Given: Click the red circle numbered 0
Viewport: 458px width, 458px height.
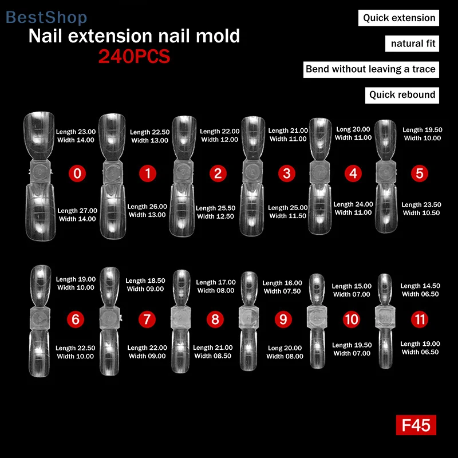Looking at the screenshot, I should click(x=78, y=172).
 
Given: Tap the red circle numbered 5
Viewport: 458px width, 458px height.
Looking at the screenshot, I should click(x=420, y=172).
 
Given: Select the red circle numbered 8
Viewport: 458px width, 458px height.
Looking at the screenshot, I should click(x=215, y=319).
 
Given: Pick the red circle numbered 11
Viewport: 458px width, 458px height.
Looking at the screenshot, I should click(x=419, y=318).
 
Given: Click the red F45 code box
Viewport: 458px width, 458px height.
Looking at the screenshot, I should click(x=416, y=425).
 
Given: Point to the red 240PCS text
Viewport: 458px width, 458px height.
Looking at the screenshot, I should click(x=134, y=57).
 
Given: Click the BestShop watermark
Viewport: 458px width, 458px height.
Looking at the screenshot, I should click(x=46, y=17).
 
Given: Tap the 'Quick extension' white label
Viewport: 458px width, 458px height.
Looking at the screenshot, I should click(x=399, y=18).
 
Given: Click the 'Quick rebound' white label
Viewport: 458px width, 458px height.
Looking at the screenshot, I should click(x=402, y=95).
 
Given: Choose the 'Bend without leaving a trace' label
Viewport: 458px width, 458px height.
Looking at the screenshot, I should click(x=370, y=69).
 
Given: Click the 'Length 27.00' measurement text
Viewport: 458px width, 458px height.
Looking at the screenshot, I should click(x=77, y=211).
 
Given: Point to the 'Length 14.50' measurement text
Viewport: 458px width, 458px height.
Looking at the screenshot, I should click(x=420, y=286).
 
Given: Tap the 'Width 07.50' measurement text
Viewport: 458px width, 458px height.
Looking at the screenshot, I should click(x=282, y=291).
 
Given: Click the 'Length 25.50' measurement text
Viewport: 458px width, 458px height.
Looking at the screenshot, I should click(x=215, y=208).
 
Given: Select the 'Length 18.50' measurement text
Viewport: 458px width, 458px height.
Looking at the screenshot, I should click(x=145, y=281).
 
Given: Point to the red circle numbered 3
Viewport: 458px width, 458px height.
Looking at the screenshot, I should click(x=286, y=172).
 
